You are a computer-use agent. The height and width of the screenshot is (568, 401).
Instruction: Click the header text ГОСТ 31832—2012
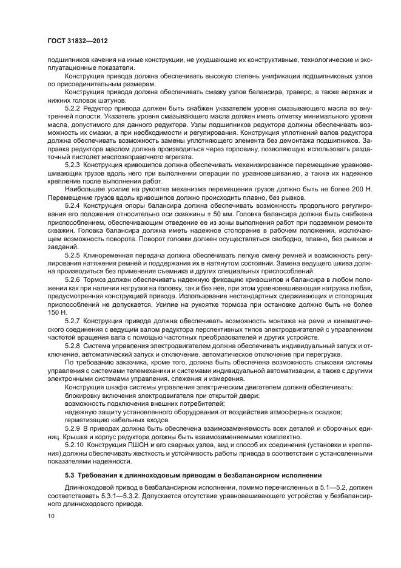(x=81, y=42)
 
